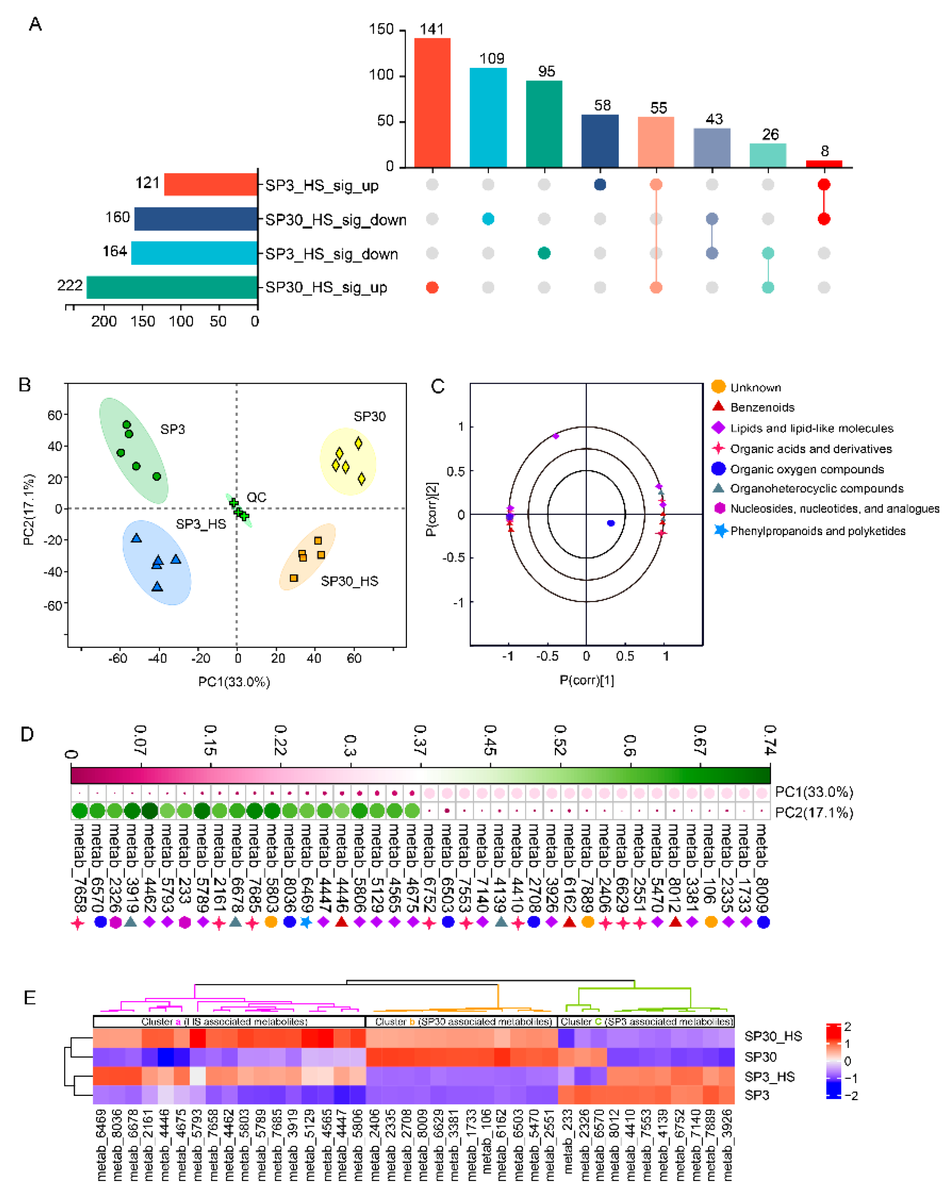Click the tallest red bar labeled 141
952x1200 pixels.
tap(432, 103)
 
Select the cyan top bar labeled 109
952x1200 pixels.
tap(488, 117)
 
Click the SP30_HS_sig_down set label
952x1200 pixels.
tap(335, 220)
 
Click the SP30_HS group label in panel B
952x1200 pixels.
tap(349, 581)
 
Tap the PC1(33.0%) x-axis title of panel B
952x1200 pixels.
tap(234, 682)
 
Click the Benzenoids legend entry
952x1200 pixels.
tap(762, 408)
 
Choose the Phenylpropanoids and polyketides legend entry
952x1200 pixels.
tap(817, 531)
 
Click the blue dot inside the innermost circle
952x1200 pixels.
tap(611, 523)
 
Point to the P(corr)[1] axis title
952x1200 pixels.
tap(586, 680)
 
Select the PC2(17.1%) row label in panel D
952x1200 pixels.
tap(813, 813)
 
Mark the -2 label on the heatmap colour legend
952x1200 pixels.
tap(851, 1096)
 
